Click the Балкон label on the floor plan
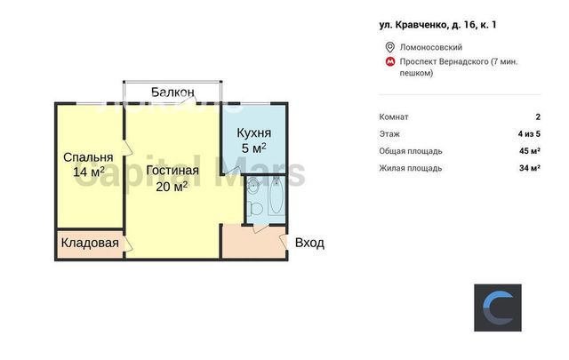point(172,92)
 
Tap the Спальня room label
point(88,157)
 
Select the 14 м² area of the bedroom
point(89,172)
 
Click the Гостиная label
point(172,170)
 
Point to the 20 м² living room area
point(172,186)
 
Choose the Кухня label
point(254,132)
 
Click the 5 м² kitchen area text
point(254,148)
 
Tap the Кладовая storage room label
point(90,243)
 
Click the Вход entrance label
point(309,243)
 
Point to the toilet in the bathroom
point(256,209)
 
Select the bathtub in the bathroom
point(277,196)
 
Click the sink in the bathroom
point(252,186)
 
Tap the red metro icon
point(390,61)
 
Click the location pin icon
point(389,47)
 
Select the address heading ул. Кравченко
point(437,25)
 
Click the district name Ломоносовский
point(431,47)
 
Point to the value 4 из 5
point(529,134)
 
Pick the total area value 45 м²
point(530,151)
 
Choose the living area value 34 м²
point(530,168)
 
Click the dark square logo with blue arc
point(498,308)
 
